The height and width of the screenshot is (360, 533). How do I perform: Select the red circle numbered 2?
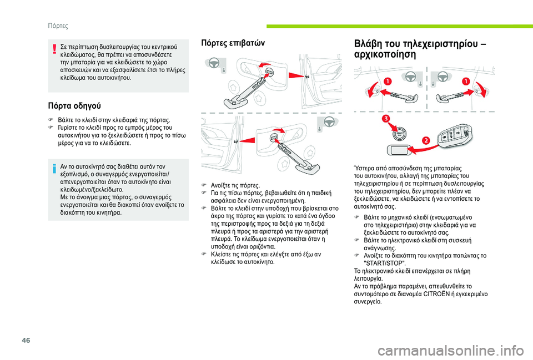[426, 140]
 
